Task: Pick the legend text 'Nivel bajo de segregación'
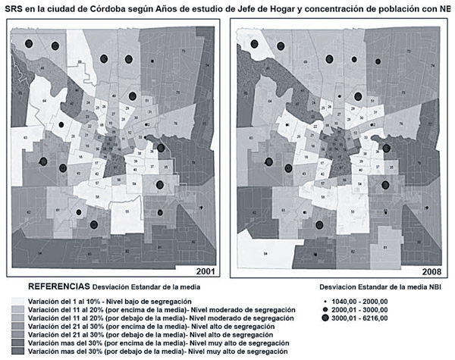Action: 148,302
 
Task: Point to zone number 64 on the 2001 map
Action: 45,100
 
